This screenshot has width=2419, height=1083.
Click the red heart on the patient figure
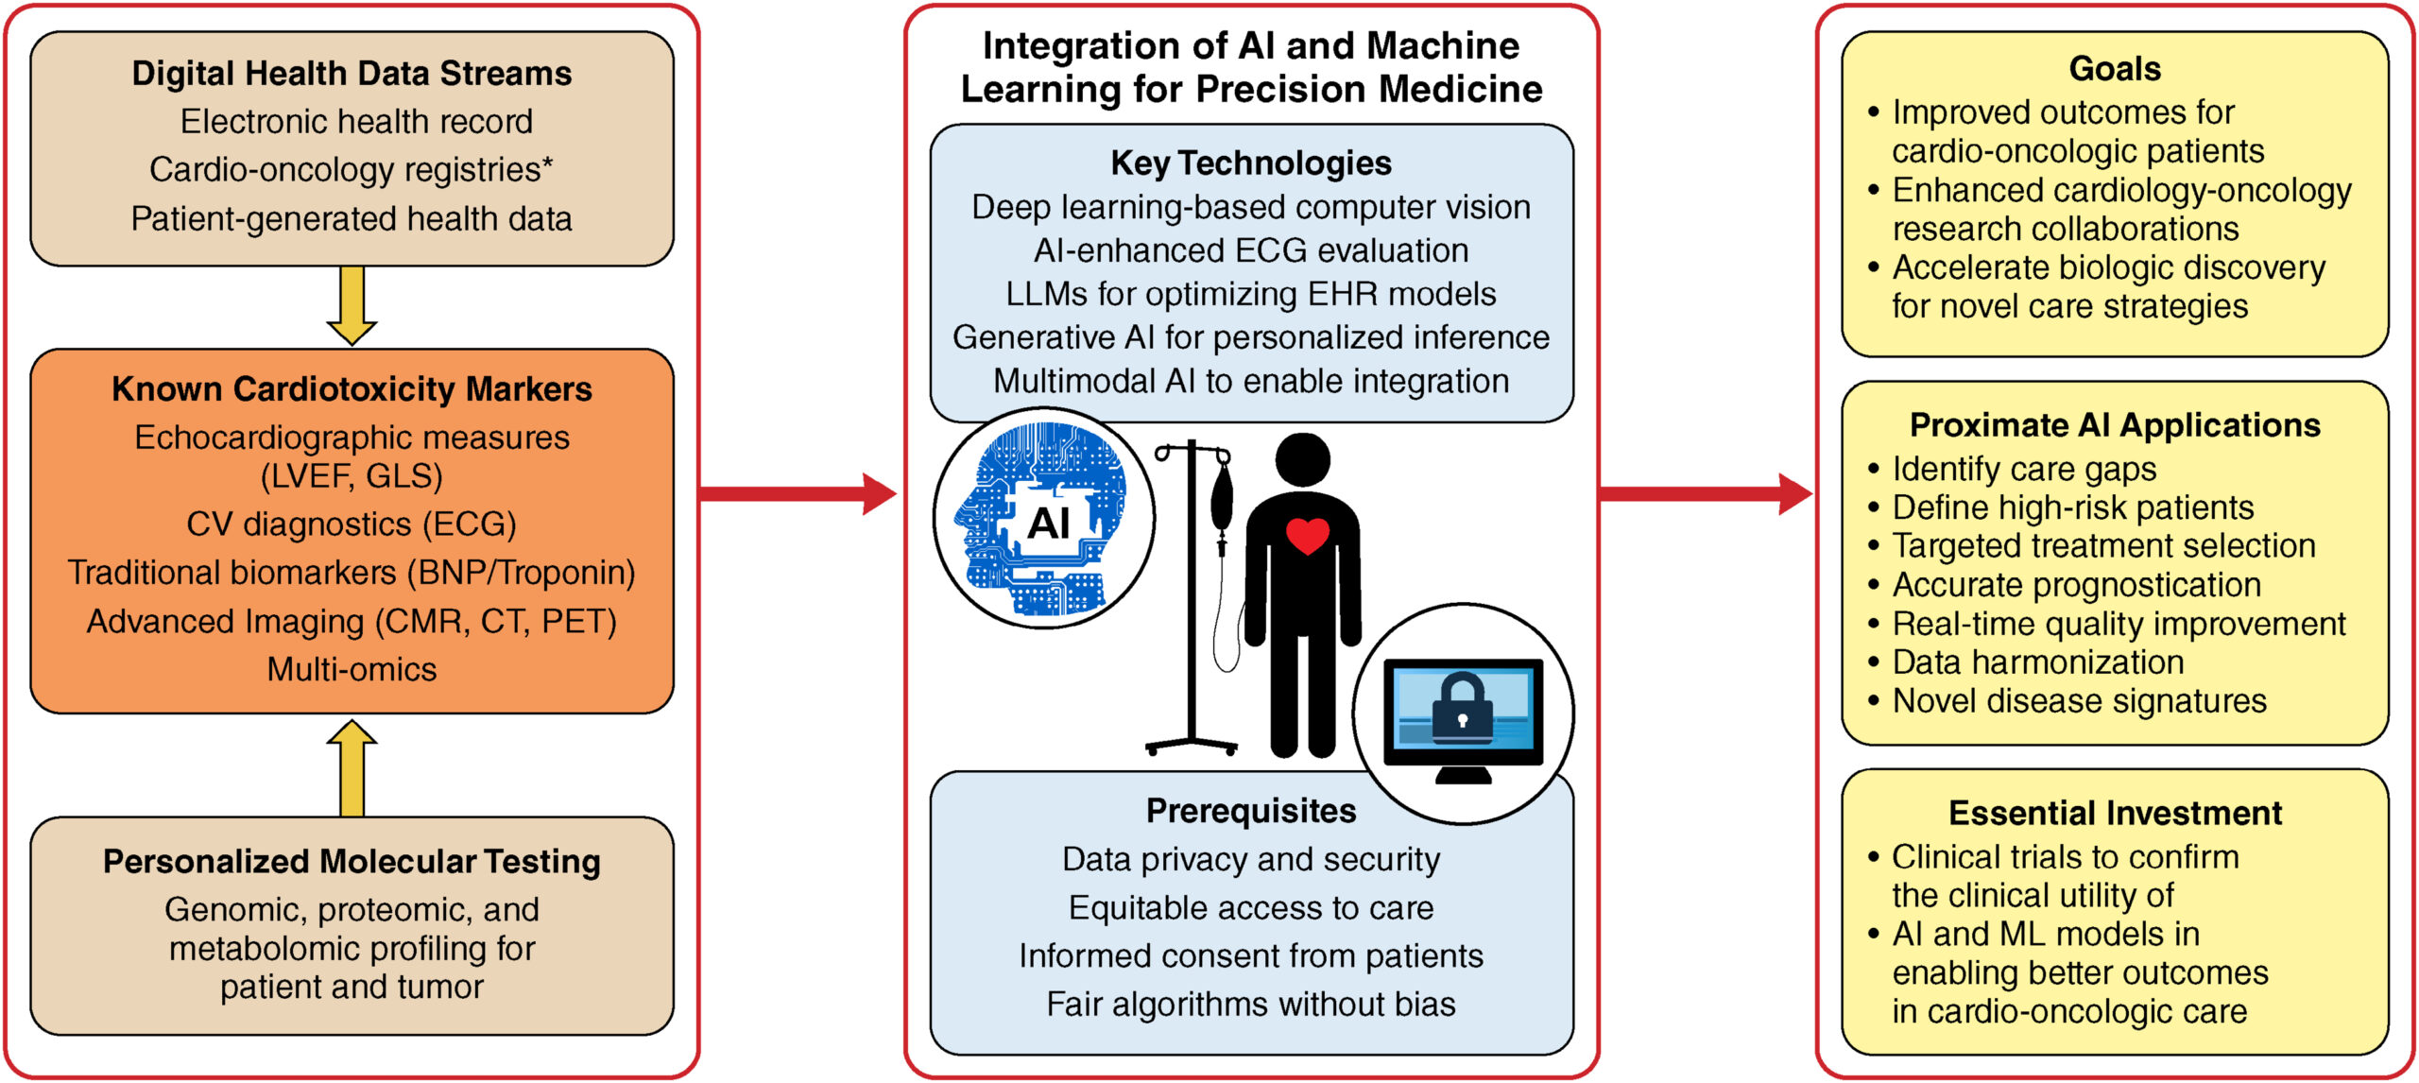(1308, 536)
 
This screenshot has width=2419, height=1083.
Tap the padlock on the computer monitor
(1463, 705)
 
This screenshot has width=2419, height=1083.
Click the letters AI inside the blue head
(1048, 523)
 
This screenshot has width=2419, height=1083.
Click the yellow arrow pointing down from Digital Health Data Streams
(352, 305)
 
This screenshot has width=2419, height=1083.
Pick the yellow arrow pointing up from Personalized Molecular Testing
(352, 767)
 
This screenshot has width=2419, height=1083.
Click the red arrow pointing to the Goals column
(1706, 493)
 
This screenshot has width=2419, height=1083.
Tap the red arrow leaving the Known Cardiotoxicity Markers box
(798, 493)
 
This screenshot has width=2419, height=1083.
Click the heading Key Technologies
(1251, 163)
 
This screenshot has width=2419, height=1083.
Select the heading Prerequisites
(1251, 811)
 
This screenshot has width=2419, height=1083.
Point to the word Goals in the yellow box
(2115, 69)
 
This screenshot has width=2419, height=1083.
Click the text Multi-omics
(352, 669)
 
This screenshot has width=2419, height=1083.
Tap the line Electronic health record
(356, 122)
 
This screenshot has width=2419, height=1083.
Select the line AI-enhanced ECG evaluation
(1251, 250)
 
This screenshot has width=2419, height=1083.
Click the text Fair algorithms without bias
(1251, 1004)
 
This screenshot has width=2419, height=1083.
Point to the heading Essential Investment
(2115, 813)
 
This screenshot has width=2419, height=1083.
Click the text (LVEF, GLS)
(352, 475)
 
